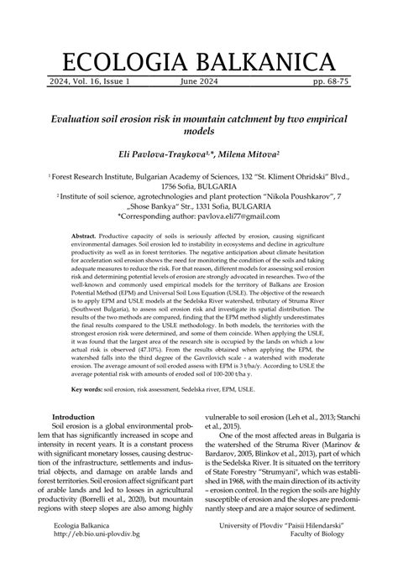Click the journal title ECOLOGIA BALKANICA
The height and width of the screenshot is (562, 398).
199,63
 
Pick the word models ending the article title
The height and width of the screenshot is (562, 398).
199,131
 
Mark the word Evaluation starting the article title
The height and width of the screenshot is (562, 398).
82,119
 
